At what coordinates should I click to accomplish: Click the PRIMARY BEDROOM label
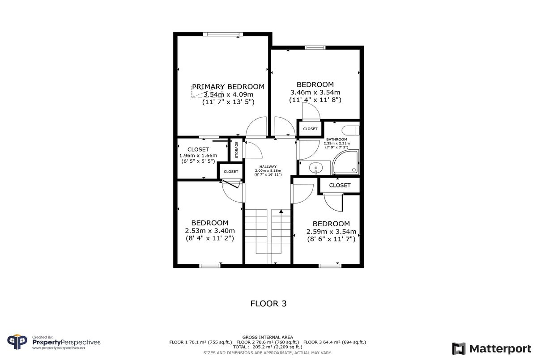(x=228, y=86)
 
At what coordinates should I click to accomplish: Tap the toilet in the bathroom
(x=350, y=131)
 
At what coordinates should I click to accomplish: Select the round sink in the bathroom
(x=316, y=168)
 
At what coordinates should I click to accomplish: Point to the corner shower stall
(x=345, y=162)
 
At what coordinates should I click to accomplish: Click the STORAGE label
(x=237, y=150)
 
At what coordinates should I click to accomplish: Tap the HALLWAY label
(x=268, y=166)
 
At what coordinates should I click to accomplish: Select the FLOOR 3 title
(x=268, y=304)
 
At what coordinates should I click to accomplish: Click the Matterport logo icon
(x=459, y=348)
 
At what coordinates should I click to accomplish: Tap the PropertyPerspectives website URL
(x=59, y=348)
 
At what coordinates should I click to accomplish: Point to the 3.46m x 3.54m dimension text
(x=315, y=92)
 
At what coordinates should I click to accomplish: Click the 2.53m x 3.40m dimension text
(x=210, y=231)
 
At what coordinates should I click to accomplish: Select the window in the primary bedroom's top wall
(x=223, y=34)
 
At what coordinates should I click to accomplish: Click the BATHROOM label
(x=337, y=139)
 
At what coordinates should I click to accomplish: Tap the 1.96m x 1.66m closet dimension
(x=198, y=156)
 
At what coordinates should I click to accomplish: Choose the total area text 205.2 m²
(x=263, y=347)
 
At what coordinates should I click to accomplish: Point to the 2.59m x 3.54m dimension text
(x=331, y=232)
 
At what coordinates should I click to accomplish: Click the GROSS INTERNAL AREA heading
(x=268, y=337)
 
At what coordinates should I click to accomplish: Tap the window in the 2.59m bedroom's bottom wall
(x=330, y=266)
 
